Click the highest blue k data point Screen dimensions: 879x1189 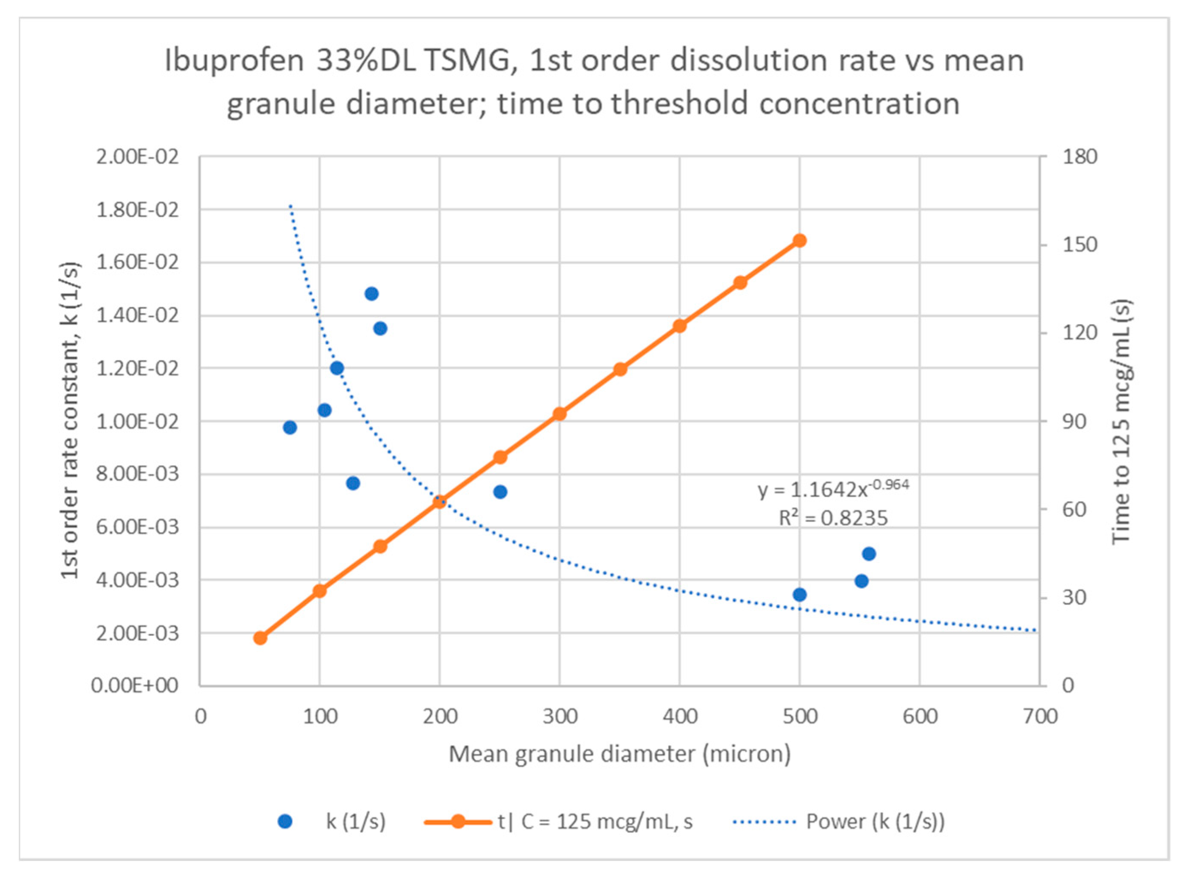click(372, 294)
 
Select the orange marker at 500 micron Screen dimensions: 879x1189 click(799, 241)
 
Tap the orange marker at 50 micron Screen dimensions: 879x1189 click(260, 638)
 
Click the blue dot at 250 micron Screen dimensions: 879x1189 click(500, 492)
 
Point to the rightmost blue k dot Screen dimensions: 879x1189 click(869, 554)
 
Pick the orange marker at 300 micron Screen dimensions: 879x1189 click(559, 414)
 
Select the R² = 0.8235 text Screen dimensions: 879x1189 click(833, 518)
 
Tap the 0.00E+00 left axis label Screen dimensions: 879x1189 click(135, 686)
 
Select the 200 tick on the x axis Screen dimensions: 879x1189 click(440, 717)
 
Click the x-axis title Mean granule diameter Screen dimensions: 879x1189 click(619, 754)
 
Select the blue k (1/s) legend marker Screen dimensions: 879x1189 click(285, 822)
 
